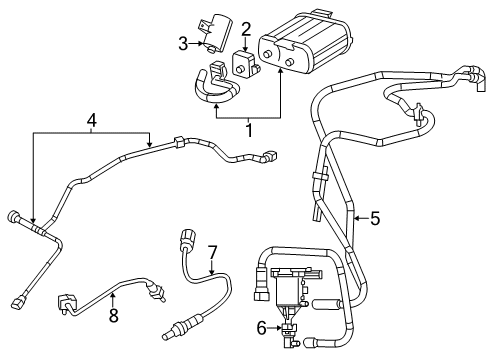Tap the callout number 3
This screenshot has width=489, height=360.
coord(183,42)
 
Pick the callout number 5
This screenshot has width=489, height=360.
coord(375,217)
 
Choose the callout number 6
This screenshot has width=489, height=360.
coord(262,326)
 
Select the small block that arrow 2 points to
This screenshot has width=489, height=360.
coord(245,63)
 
